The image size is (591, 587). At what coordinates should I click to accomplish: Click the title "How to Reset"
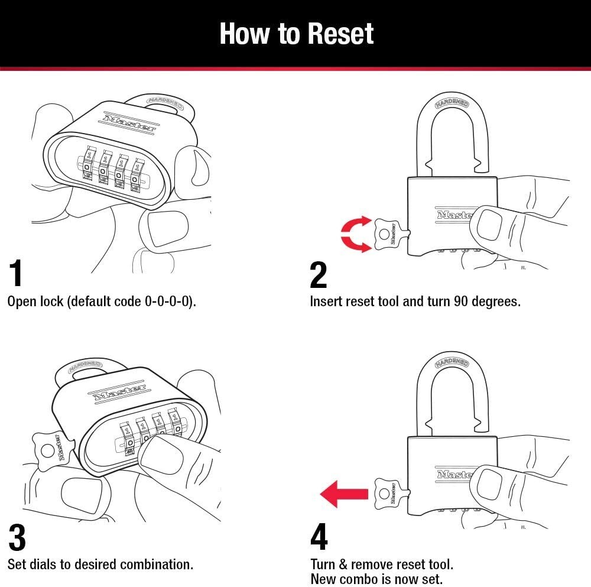point(296,34)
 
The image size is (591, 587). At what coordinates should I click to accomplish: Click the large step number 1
point(17,273)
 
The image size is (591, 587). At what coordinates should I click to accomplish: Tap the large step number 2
point(318,274)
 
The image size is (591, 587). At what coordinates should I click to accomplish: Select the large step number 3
point(17,537)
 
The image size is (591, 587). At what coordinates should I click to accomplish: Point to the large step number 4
point(319,537)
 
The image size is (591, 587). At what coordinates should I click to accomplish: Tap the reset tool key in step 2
point(388,234)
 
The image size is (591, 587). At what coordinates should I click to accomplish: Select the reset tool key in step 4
point(390,494)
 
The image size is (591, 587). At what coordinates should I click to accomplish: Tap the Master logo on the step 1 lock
point(129,122)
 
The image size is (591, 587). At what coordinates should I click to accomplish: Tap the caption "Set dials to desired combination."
point(100,565)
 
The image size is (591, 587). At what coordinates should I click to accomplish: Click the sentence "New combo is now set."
point(376,579)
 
